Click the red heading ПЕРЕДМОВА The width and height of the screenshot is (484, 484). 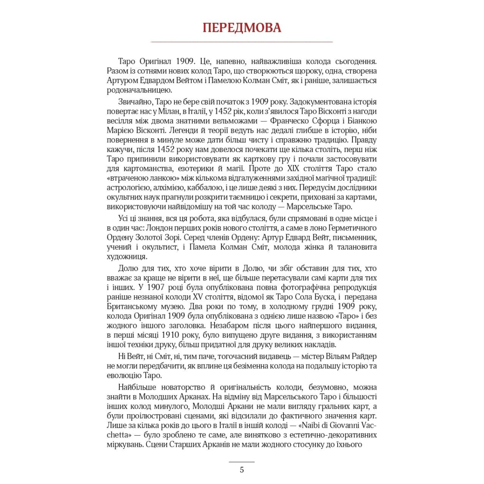242,27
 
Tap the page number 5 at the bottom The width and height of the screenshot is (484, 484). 242,470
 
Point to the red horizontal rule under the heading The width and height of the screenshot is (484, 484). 242,42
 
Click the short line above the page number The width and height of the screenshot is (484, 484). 242,461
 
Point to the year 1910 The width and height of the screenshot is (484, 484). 171,335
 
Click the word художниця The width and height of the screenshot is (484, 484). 127,257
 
